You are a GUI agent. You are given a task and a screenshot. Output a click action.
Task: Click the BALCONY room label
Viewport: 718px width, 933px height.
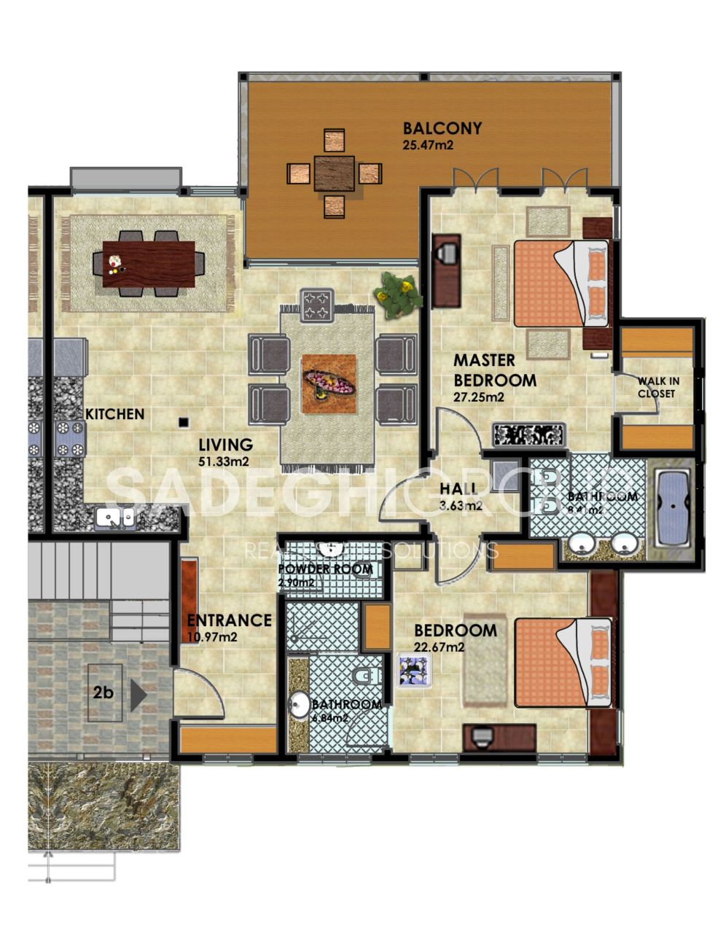pyautogui.click(x=442, y=129)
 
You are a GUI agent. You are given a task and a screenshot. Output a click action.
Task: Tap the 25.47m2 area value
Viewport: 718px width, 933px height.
pyautogui.click(x=428, y=145)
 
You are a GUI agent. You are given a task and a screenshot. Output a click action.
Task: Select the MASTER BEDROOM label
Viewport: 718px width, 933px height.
pyautogui.click(x=495, y=370)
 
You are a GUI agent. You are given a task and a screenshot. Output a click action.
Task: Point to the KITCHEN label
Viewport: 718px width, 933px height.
pyautogui.click(x=115, y=414)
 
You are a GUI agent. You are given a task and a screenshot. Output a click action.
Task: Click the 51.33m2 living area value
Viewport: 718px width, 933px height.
pyautogui.click(x=225, y=461)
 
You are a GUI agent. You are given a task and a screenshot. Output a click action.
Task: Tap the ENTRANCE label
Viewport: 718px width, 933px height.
pyautogui.click(x=229, y=621)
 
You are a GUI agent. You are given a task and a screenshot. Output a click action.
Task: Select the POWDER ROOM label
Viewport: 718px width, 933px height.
pyautogui.click(x=326, y=569)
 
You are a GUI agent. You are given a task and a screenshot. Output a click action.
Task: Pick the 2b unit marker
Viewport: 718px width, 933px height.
pyautogui.click(x=104, y=692)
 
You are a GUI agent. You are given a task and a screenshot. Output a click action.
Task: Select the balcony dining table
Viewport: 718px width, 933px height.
pyautogui.click(x=335, y=173)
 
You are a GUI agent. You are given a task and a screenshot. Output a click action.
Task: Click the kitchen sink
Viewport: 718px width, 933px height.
pyautogui.click(x=115, y=518)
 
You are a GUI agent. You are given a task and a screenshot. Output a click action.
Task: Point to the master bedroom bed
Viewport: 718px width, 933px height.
pyautogui.click(x=561, y=284)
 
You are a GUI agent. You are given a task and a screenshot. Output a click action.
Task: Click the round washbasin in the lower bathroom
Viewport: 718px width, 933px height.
pyautogui.click(x=300, y=706)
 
